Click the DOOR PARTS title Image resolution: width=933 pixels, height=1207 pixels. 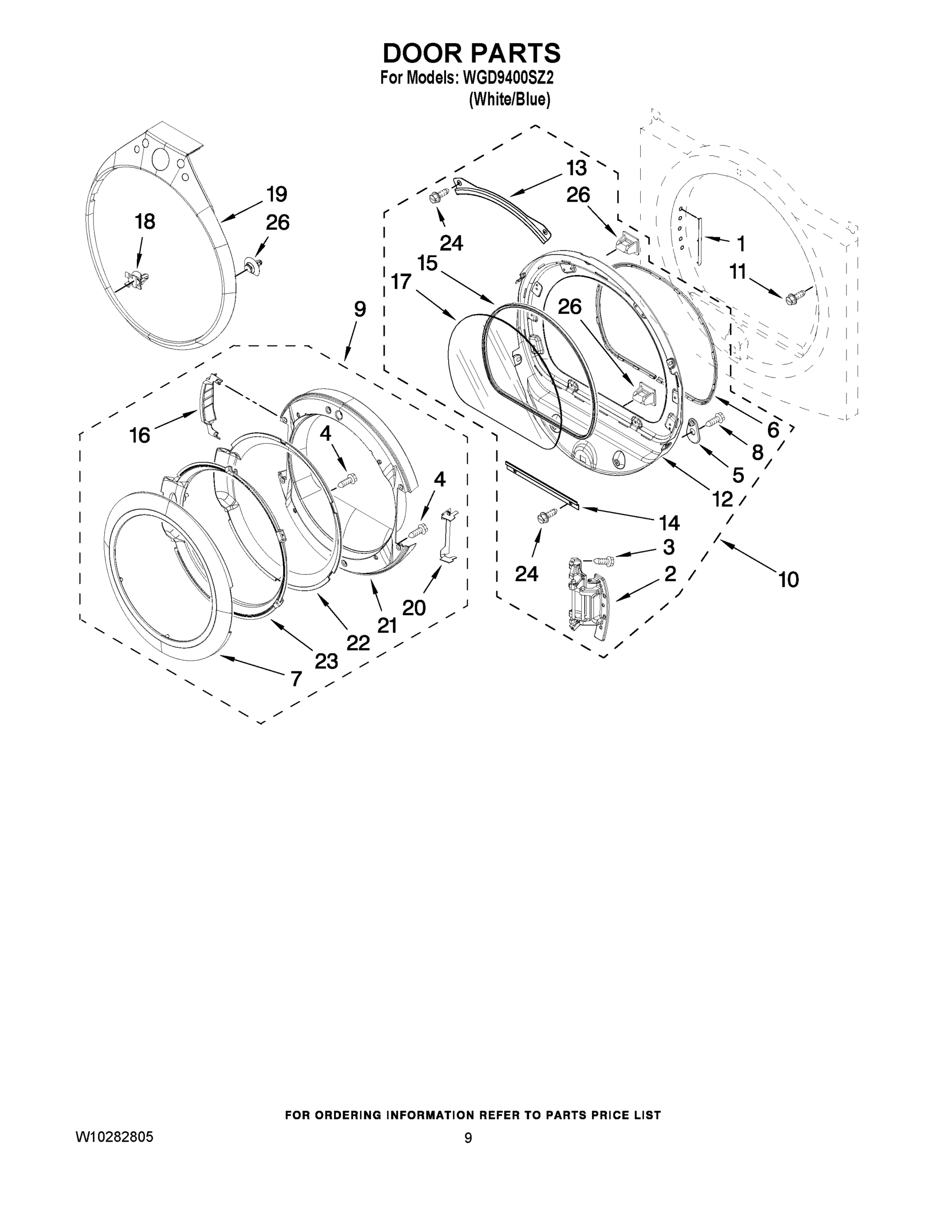[x=471, y=54]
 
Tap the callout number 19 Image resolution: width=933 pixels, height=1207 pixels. [x=276, y=195]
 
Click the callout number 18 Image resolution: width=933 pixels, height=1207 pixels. [x=145, y=222]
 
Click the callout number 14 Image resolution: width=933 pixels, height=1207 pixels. [x=669, y=523]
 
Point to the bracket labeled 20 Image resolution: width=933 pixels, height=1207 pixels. [x=448, y=537]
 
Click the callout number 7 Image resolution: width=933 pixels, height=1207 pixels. [x=296, y=678]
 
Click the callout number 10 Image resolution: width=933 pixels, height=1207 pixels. [x=788, y=580]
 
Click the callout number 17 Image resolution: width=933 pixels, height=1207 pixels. [x=401, y=282]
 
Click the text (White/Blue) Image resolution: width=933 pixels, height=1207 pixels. [x=510, y=100]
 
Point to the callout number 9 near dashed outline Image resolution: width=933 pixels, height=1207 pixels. [x=360, y=309]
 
